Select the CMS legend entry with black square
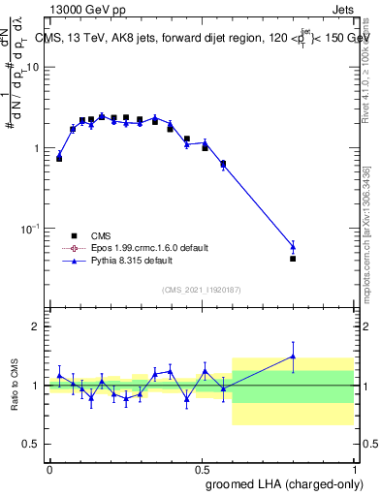point(74,235)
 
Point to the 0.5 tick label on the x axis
point(202,468)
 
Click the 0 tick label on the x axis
point(49,468)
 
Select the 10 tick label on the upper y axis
point(33,67)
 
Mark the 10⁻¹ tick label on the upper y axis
point(30,228)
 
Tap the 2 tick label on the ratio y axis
point(36,326)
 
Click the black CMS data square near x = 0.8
point(293,259)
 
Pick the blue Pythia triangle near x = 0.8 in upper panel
point(293,246)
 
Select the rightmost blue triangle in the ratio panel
point(293,356)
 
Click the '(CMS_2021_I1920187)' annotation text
point(201,289)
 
